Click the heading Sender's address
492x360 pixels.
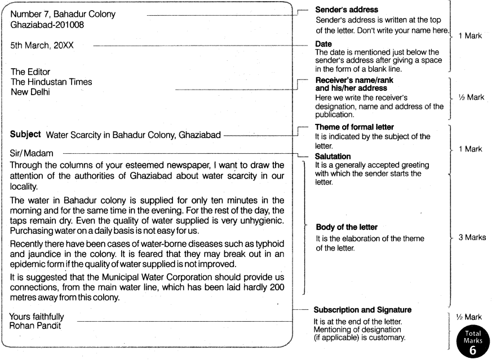pos(346,10)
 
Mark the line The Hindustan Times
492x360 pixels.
pos(51,82)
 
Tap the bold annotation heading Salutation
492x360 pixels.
pos(333,155)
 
